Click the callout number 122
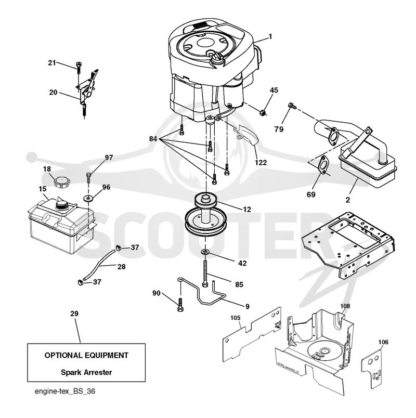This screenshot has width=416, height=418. click(x=261, y=162)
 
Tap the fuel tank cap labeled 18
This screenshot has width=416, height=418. click(x=62, y=182)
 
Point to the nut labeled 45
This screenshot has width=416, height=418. click(x=263, y=112)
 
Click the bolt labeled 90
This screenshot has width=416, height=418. click(x=180, y=305)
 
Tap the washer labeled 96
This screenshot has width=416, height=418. click(x=88, y=198)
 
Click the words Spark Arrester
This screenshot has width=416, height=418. click(x=86, y=372)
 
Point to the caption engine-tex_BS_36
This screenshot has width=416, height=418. click(x=65, y=391)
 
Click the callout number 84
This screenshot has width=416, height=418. click(x=153, y=139)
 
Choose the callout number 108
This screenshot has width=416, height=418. click(x=345, y=306)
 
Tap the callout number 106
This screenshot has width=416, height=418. click(x=383, y=342)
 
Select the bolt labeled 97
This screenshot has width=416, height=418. click(x=89, y=177)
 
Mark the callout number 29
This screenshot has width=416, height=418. click(x=74, y=313)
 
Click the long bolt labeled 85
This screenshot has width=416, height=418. click(x=205, y=274)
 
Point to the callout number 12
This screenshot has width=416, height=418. click(x=247, y=210)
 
